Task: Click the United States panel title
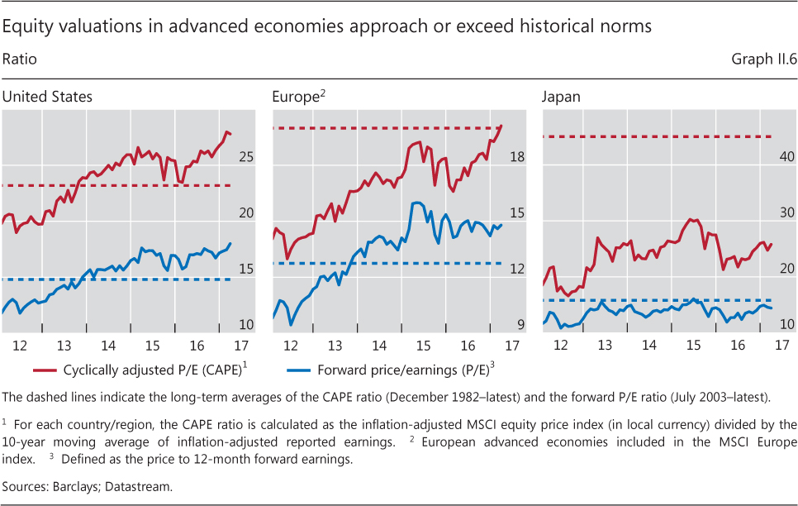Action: (47, 97)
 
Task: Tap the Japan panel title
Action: (561, 97)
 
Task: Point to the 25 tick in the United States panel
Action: (245, 157)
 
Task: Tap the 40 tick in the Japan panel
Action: (785, 157)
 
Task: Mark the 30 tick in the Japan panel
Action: (785, 213)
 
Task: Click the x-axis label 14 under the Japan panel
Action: (648, 344)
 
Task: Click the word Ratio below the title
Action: (20, 60)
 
